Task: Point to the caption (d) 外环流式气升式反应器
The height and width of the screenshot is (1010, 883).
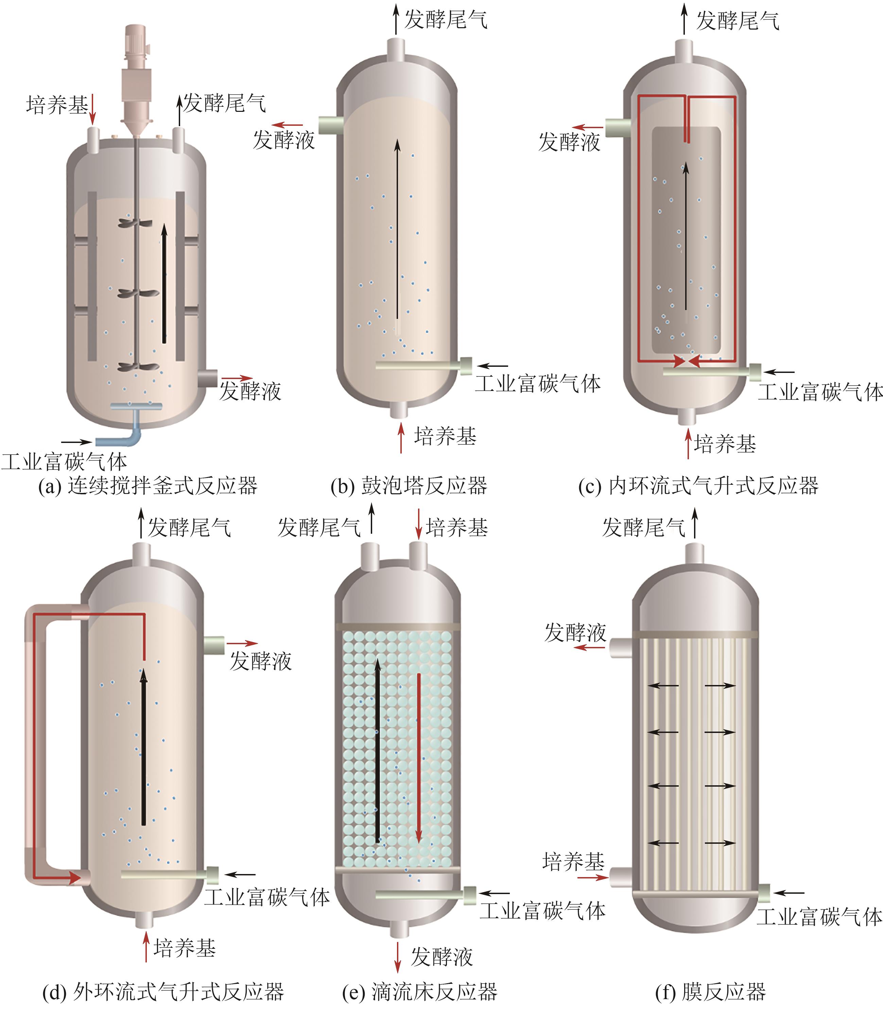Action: [x=163, y=992]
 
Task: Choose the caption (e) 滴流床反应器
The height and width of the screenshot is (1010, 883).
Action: [x=419, y=992]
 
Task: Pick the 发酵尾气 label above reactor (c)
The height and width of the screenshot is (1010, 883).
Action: [x=738, y=21]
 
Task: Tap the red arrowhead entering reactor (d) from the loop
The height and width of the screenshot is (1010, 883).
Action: [x=75, y=877]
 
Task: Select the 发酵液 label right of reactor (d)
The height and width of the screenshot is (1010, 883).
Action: [x=261, y=661]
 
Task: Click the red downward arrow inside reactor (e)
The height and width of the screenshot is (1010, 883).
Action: [x=418, y=759]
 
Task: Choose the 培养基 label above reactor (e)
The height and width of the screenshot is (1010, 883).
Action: [x=457, y=527]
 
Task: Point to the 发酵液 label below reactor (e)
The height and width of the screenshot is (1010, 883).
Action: [x=441, y=957]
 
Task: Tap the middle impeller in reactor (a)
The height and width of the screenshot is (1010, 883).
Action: [x=138, y=294]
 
